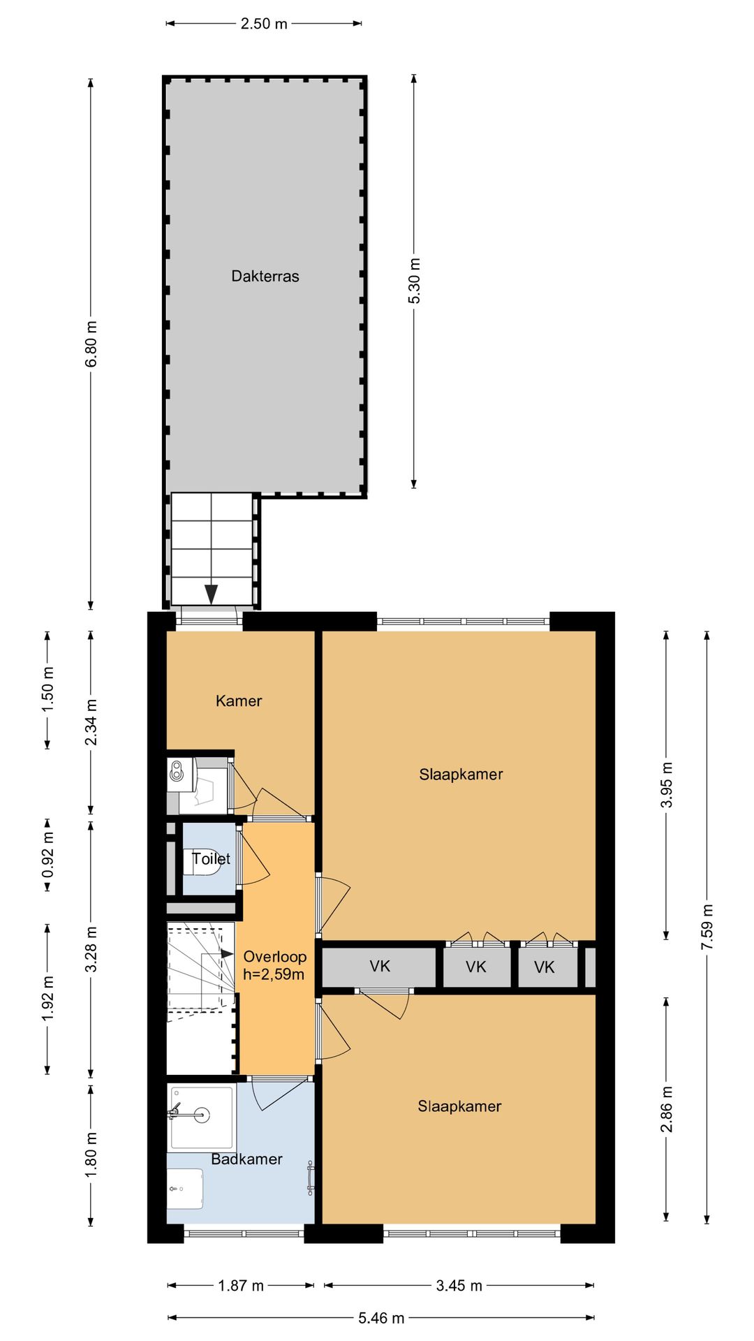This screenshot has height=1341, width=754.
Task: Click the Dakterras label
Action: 265,277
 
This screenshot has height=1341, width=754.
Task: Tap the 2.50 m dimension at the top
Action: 264,24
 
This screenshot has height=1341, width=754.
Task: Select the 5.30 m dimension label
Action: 415,281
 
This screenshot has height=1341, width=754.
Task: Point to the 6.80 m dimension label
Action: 91,344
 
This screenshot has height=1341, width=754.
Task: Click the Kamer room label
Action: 239,701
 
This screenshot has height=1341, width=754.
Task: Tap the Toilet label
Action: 211,858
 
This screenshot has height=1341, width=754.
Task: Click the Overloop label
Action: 274,957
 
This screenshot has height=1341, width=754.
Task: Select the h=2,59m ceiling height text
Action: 274,974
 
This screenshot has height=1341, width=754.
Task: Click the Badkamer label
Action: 246,1159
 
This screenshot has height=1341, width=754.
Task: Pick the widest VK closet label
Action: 380,967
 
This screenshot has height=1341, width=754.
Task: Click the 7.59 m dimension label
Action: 708,926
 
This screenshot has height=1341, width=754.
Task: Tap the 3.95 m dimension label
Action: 667,784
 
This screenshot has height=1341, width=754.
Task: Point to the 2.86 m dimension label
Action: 667,1109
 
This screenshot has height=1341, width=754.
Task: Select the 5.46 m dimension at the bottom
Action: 381,1318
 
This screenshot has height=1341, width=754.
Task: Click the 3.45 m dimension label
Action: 459,1286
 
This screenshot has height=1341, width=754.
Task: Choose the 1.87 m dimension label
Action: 241,1286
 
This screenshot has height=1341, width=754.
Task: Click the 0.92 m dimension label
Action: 48,856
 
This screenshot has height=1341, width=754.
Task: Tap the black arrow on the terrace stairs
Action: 211,594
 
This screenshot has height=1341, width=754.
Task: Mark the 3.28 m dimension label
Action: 91,949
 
